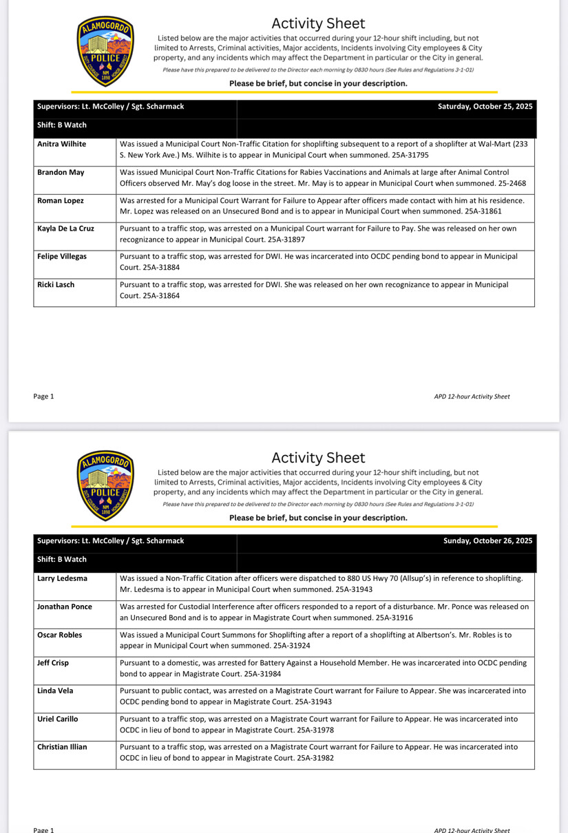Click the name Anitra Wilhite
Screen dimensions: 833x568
(61, 145)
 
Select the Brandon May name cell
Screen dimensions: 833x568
(61, 172)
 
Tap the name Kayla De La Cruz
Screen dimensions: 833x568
(65, 228)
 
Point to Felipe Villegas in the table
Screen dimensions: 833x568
(61, 256)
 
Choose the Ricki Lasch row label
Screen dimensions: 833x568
(57, 284)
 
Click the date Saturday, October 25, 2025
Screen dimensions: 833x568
(485, 107)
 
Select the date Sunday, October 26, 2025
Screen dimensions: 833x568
(488, 541)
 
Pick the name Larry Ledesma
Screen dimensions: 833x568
(62, 578)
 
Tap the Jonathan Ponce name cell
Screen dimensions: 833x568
(64, 607)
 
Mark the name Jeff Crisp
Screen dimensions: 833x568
(52, 662)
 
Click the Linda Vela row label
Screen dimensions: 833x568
(55, 690)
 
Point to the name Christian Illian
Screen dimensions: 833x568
(62, 746)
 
